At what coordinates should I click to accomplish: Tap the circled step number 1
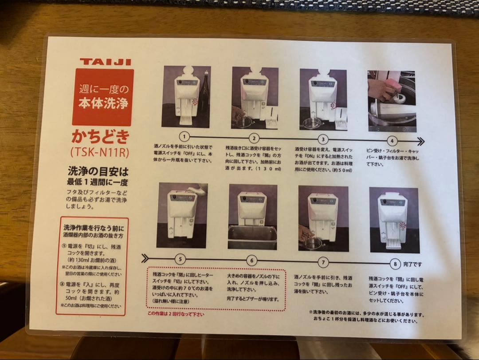[x=185, y=137]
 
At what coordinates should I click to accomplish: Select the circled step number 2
[x=254, y=138]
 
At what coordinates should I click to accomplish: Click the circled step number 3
[x=323, y=139]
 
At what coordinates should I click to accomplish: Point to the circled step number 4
[x=392, y=141]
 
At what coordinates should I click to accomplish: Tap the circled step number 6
[x=251, y=261]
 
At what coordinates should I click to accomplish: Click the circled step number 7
[x=323, y=262]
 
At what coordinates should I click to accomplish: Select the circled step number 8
[x=395, y=264]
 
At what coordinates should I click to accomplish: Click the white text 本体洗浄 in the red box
[x=103, y=104]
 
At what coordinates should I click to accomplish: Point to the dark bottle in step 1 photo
[x=204, y=93]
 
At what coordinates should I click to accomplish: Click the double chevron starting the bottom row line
[x=145, y=258]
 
